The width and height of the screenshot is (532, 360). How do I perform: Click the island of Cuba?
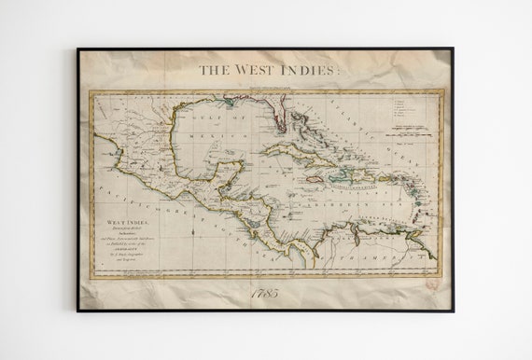299,154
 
